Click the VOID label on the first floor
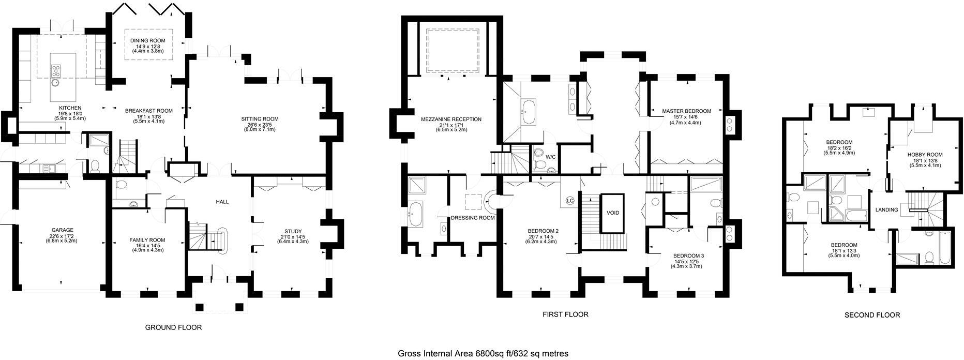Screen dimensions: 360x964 pos(613,213)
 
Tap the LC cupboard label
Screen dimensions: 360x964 pos(570,200)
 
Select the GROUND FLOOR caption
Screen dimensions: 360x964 pos(173,327)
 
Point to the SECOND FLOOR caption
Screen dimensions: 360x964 pos(872,315)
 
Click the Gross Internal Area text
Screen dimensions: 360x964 pos(483,354)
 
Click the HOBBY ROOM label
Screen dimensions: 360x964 pos(925,155)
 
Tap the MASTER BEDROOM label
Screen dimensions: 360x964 pos(687,111)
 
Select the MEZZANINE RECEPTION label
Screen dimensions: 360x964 pos(451,119)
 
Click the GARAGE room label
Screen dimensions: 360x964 pos(62,230)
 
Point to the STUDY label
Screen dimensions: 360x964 pos(293,231)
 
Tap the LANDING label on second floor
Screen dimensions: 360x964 pos(886,210)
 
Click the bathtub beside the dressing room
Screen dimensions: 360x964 pos(416,213)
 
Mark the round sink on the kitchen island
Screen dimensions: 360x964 pos(55,81)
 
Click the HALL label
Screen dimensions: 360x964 pos(222,202)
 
